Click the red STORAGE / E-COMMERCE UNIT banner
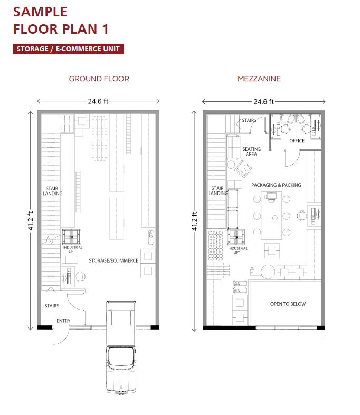(x=68, y=49)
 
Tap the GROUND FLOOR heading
(x=99, y=79)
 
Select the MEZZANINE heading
(x=259, y=79)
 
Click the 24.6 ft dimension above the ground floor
(x=98, y=101)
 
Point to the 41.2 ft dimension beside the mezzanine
(x=195, y=221)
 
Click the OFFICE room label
(x=297, y=141)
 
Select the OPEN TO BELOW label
(x=288, y=304)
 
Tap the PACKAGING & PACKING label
(x=276, y=185)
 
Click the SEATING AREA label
(x=251, y=152)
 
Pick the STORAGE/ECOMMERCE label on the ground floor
(x=113, y=260)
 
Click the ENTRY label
(x=63, y=321)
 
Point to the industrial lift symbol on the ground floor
(x=71, y=237)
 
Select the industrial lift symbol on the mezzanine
(x=236, y=237)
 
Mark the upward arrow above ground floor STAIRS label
(x=50, y=294)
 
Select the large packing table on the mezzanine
(x=271, y=216)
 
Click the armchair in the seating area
(x=243, y=168)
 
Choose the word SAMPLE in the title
(x=40, y=12)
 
